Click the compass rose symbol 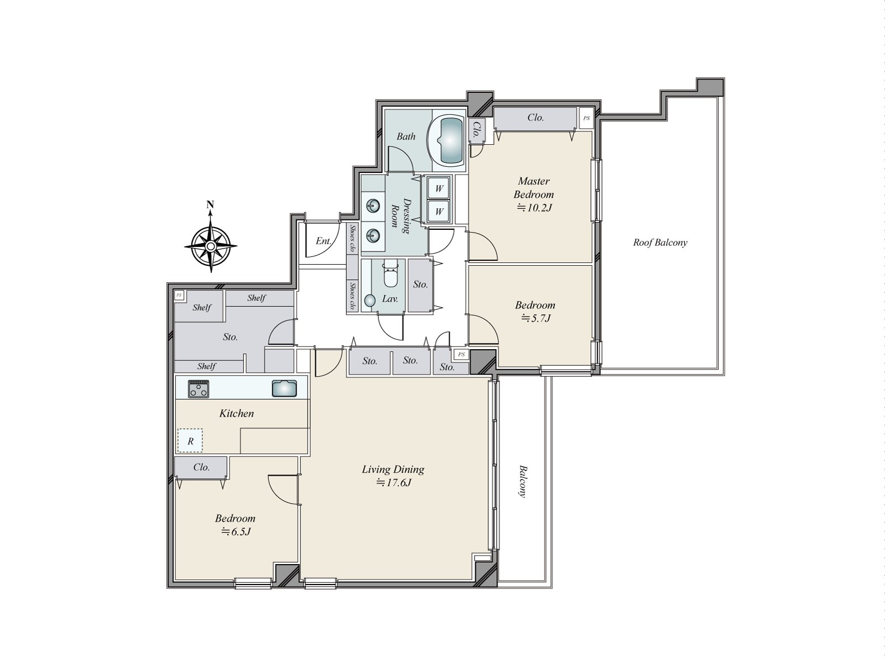pyautogui.click(x=211, y=245)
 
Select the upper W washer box pyautogui.click(x=439, y=188)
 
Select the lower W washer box pyautogui.click(x=439, y=211)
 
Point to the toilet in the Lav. pyautogui.click(x=389, y=274)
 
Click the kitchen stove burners pyautogui.click(x=199, y=389)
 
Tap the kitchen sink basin pyautogui.click(x=284, y=388)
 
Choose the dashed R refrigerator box pyautogui.click(x=190, y=440)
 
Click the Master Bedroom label pyautogui.click(x=534, y=188)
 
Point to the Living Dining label pyautogui.click(x=393, y=470)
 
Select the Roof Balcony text pyautogui.click(x=660, y=243)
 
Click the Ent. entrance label pyautogui.click(x=324, y=241)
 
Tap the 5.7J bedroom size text pyautogui.click(x=536, y=318)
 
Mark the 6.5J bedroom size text pyautogui.click(x=236, y=532)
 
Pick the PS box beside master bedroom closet pyautogui.click(x=586, y=118)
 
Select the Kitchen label pyautogui.click(x=237, y=413)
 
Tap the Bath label pyautogui.click(x=406, y=136)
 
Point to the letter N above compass pyautogui.click(x=210, y=204)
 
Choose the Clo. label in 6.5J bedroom pyautogui.click(x=201, y=467)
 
